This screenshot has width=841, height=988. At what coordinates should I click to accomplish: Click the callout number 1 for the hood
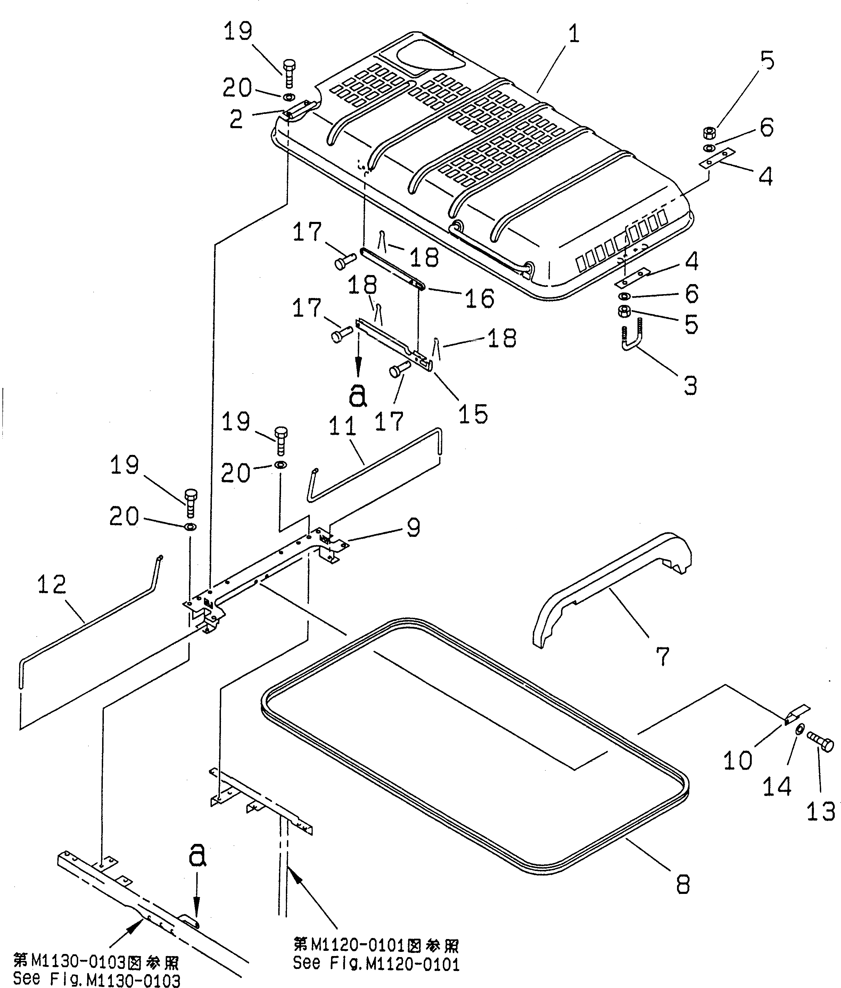point(574,34)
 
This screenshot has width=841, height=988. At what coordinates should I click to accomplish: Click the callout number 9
point(413,528)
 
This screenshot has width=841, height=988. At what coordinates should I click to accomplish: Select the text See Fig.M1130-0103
point(97,980)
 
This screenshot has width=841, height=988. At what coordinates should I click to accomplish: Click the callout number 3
point(690,385)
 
